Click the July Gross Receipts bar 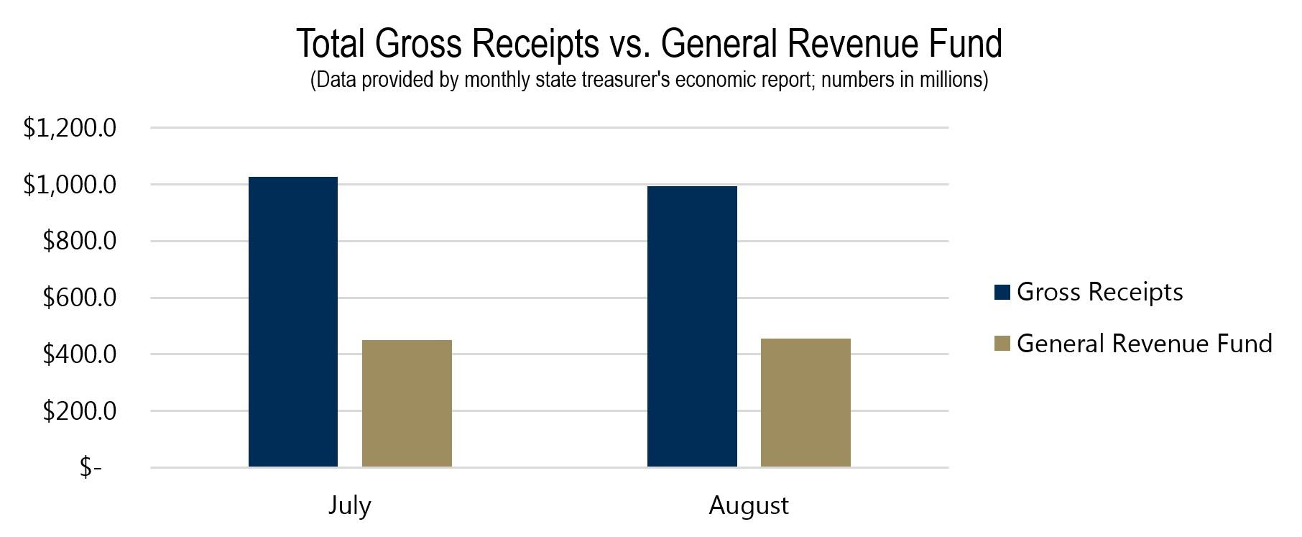coord(293,322)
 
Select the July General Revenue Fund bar coord(407,403)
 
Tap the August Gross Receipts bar coord(692,326)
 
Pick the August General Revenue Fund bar coord(805,403)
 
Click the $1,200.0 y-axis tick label coord(70,128)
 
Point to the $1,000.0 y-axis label coord(70,185)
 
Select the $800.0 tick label coord(79,241)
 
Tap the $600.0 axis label coord(79,298)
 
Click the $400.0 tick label coord(79,354)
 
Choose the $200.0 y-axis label coord(79,411)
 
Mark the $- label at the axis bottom coord(91,468)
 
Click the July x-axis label coord(350,505)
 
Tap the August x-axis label coord(749,505)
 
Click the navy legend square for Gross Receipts coord(1002,292)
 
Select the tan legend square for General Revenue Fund coord(1002,344)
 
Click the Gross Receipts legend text coord(1099,292)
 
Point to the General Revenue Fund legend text coord(1144,344)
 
